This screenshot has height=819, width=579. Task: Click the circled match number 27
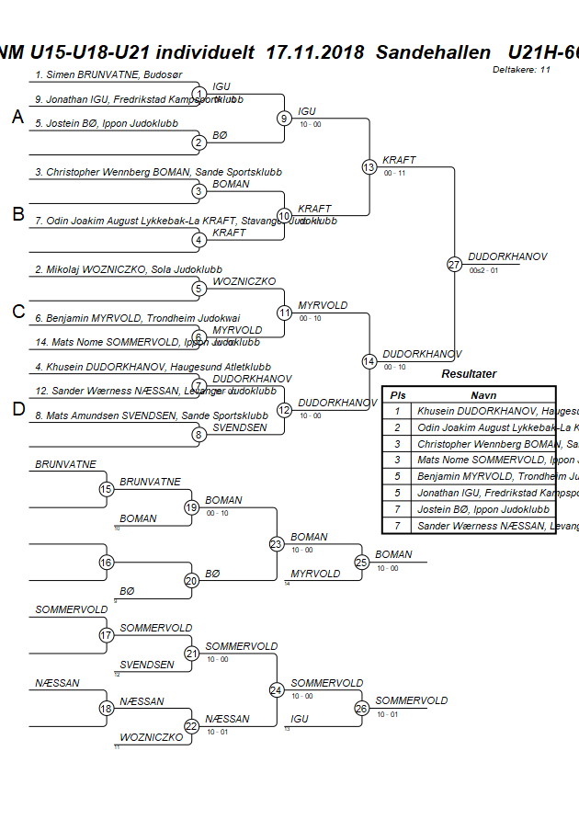[x=454, y=265]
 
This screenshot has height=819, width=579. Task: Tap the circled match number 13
[x=369, y=167]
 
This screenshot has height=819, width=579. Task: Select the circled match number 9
[x=285, y=118]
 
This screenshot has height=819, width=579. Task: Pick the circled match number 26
[x=361, y=709]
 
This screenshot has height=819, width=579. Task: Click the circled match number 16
[x=107, y=563]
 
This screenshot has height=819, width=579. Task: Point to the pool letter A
[x=17, y=117]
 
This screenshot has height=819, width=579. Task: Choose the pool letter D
[x=17, y=410]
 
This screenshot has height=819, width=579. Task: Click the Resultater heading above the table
[x=469, y=374]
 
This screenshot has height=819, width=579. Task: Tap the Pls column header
[x=398, y=393]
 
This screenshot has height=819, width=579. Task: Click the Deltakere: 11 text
[x=521, y=70]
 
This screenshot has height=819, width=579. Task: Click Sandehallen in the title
[x=432, y=52]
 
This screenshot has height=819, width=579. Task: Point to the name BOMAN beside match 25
[x=393, y=554]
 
